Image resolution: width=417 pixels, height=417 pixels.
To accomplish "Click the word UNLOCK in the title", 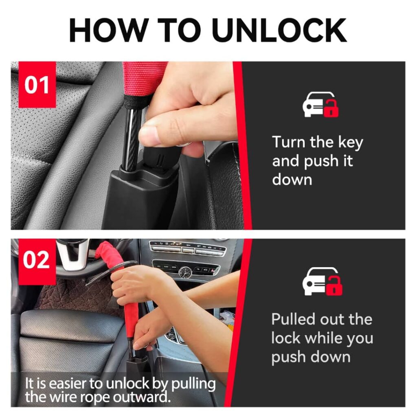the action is pyautogui.click(x=279, y=30).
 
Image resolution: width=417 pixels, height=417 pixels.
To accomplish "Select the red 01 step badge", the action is pyautogui.click(x=37, y=85).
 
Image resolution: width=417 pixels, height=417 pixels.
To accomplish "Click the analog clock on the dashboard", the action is pyautogui.click(x=184, y=272).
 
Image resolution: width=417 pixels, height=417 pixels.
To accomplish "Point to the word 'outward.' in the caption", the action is pyautogui.click(x=142, y=397).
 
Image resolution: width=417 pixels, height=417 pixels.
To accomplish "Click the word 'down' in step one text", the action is pyautogui.click(x=292, y=180).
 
